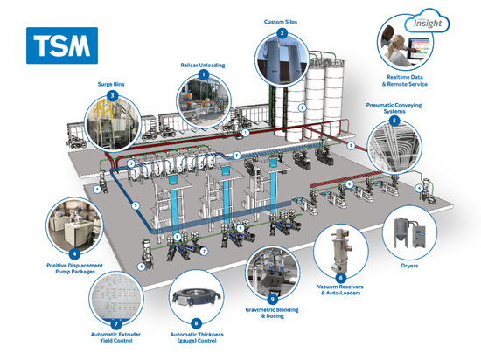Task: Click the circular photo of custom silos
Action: click(x=282, y=57)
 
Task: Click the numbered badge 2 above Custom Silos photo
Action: click(x=282, y=32)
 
